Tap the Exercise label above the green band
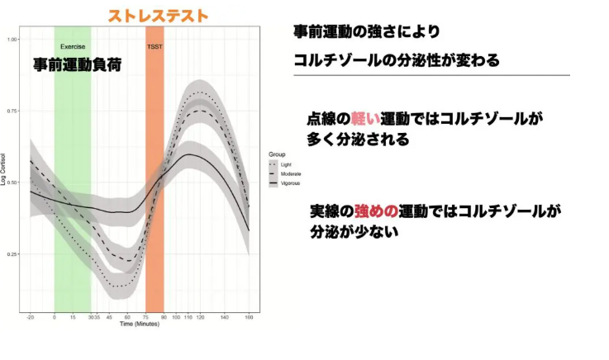(73, 46)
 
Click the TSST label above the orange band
(155, 46)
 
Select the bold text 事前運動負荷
(78, 64)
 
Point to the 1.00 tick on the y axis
(13, 40)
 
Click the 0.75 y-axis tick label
(13, 111)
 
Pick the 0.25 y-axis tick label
(13, 254)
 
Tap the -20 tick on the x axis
(31, 317)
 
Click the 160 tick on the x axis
(250, 317)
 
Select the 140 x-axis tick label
(225, 317)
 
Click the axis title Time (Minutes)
(140, 324)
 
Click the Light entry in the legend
(285, 164)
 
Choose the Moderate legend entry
(289, 173)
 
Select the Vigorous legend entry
(289, 182)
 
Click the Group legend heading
(277, 154)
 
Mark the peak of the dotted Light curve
(196, 92)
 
